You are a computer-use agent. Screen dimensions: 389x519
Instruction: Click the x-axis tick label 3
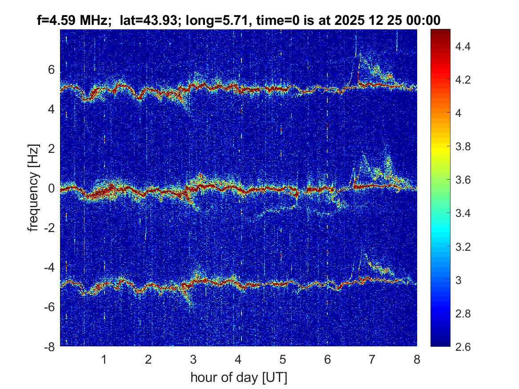[193, 360]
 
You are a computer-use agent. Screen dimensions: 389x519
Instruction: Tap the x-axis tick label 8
[417, 360]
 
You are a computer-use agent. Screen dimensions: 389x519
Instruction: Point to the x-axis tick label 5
[282, 360]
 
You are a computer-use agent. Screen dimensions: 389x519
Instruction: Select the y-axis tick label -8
[49, 347]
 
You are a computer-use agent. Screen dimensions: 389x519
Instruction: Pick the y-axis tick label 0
[52, 188]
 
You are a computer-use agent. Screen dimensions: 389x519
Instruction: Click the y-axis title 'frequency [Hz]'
[34, 187]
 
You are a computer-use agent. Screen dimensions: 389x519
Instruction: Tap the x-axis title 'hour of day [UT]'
[238, 377]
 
